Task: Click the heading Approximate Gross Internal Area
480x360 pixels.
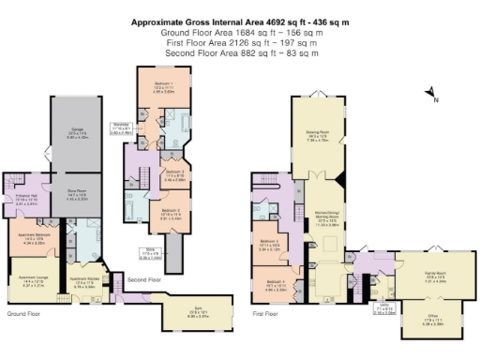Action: click(240, 20)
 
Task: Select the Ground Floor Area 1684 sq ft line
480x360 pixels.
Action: click(240, 30)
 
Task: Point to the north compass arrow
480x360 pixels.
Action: click(429, 93)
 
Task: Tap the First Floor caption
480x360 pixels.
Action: click(266, 313)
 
